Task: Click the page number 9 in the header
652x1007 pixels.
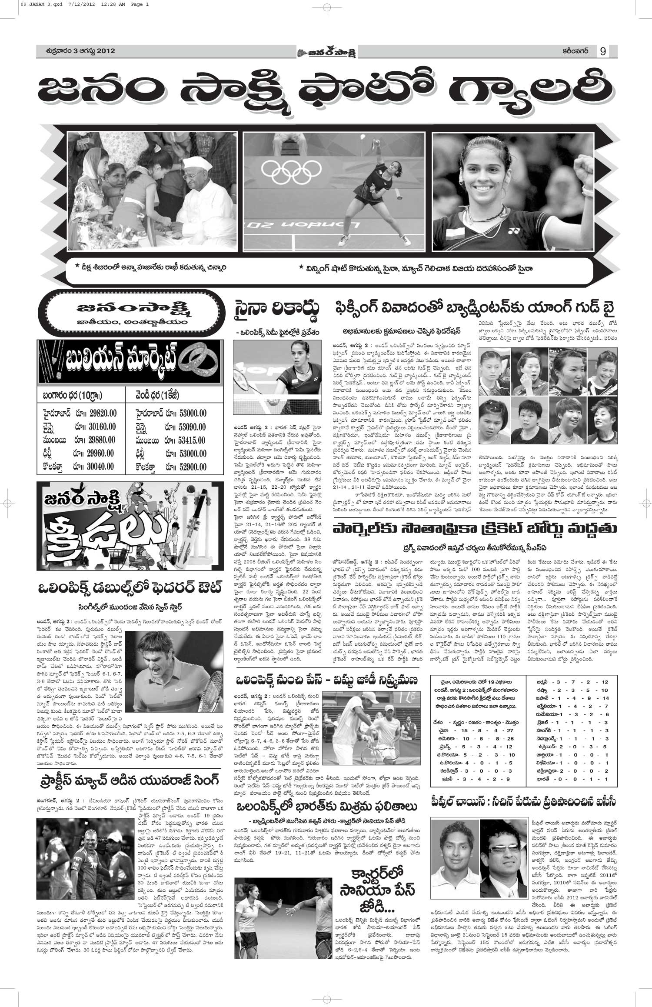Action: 603,51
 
